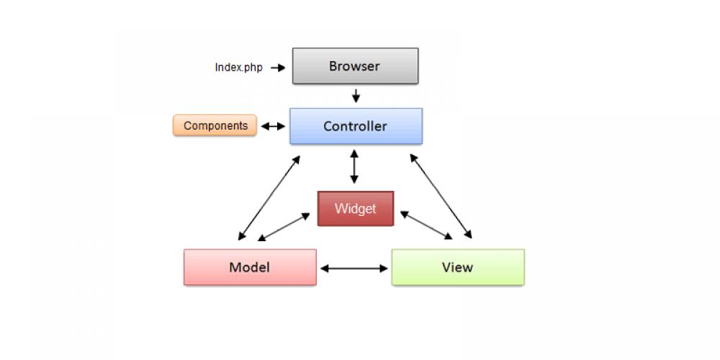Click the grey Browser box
click(355, 66)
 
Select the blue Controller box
click(356, 126)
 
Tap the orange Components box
click(215, 125)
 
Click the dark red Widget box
click(356, 209)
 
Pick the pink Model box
click(250, 267)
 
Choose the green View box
click(458, 267)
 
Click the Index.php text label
click(238, 68)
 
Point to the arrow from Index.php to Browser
click(278, 68)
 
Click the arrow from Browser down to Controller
click(356, 96)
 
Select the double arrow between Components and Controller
click(273, 126)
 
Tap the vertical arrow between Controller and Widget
click(354, 167)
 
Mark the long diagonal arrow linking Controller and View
click(440, 195)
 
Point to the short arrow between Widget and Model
click(289, 227)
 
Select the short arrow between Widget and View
click(426, 225)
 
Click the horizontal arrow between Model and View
click(354, 269)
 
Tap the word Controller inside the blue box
click(355, 126)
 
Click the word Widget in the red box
click(356, 209)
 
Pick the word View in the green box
click(457, 267)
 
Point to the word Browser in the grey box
click(354, 66)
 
